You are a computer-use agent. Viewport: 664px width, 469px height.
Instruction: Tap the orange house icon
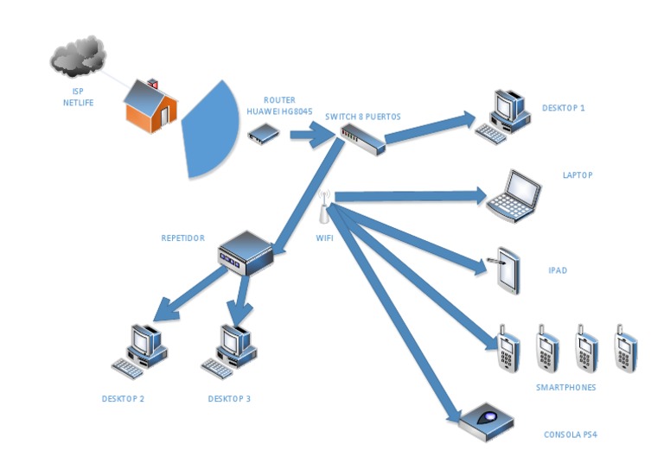151,105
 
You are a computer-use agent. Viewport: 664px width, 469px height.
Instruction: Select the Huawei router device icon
263,133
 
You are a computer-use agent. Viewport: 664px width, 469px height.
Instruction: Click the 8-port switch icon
361,139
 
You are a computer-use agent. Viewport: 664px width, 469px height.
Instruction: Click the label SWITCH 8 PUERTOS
362,116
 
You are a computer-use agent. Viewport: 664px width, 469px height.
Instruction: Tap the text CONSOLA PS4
570,434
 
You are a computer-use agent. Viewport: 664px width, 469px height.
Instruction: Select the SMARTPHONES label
565,388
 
